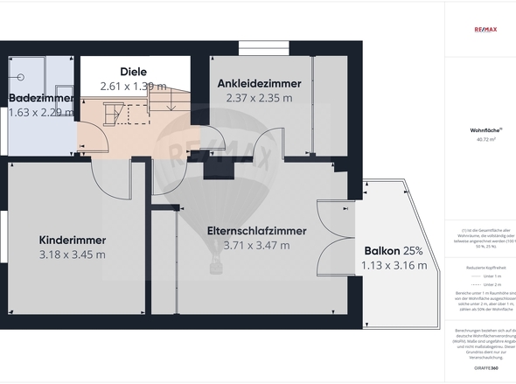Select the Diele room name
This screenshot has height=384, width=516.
pos(133,72)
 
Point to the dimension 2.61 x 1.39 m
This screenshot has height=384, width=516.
pos(133,86)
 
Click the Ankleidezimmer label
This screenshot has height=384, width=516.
pos(259,83)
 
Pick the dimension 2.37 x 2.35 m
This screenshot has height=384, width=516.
pos(259,98)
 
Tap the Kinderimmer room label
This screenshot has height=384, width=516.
pos(73,240)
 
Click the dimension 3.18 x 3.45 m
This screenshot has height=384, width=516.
pos(73,255)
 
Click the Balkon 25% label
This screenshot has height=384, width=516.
pos(394,250)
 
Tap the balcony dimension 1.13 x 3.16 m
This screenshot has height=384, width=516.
pos(394,265)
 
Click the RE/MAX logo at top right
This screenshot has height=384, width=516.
pos(485,29)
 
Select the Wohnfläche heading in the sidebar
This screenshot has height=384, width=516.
pos(485,129)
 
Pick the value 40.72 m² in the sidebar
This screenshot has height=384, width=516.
pos(485,138)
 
